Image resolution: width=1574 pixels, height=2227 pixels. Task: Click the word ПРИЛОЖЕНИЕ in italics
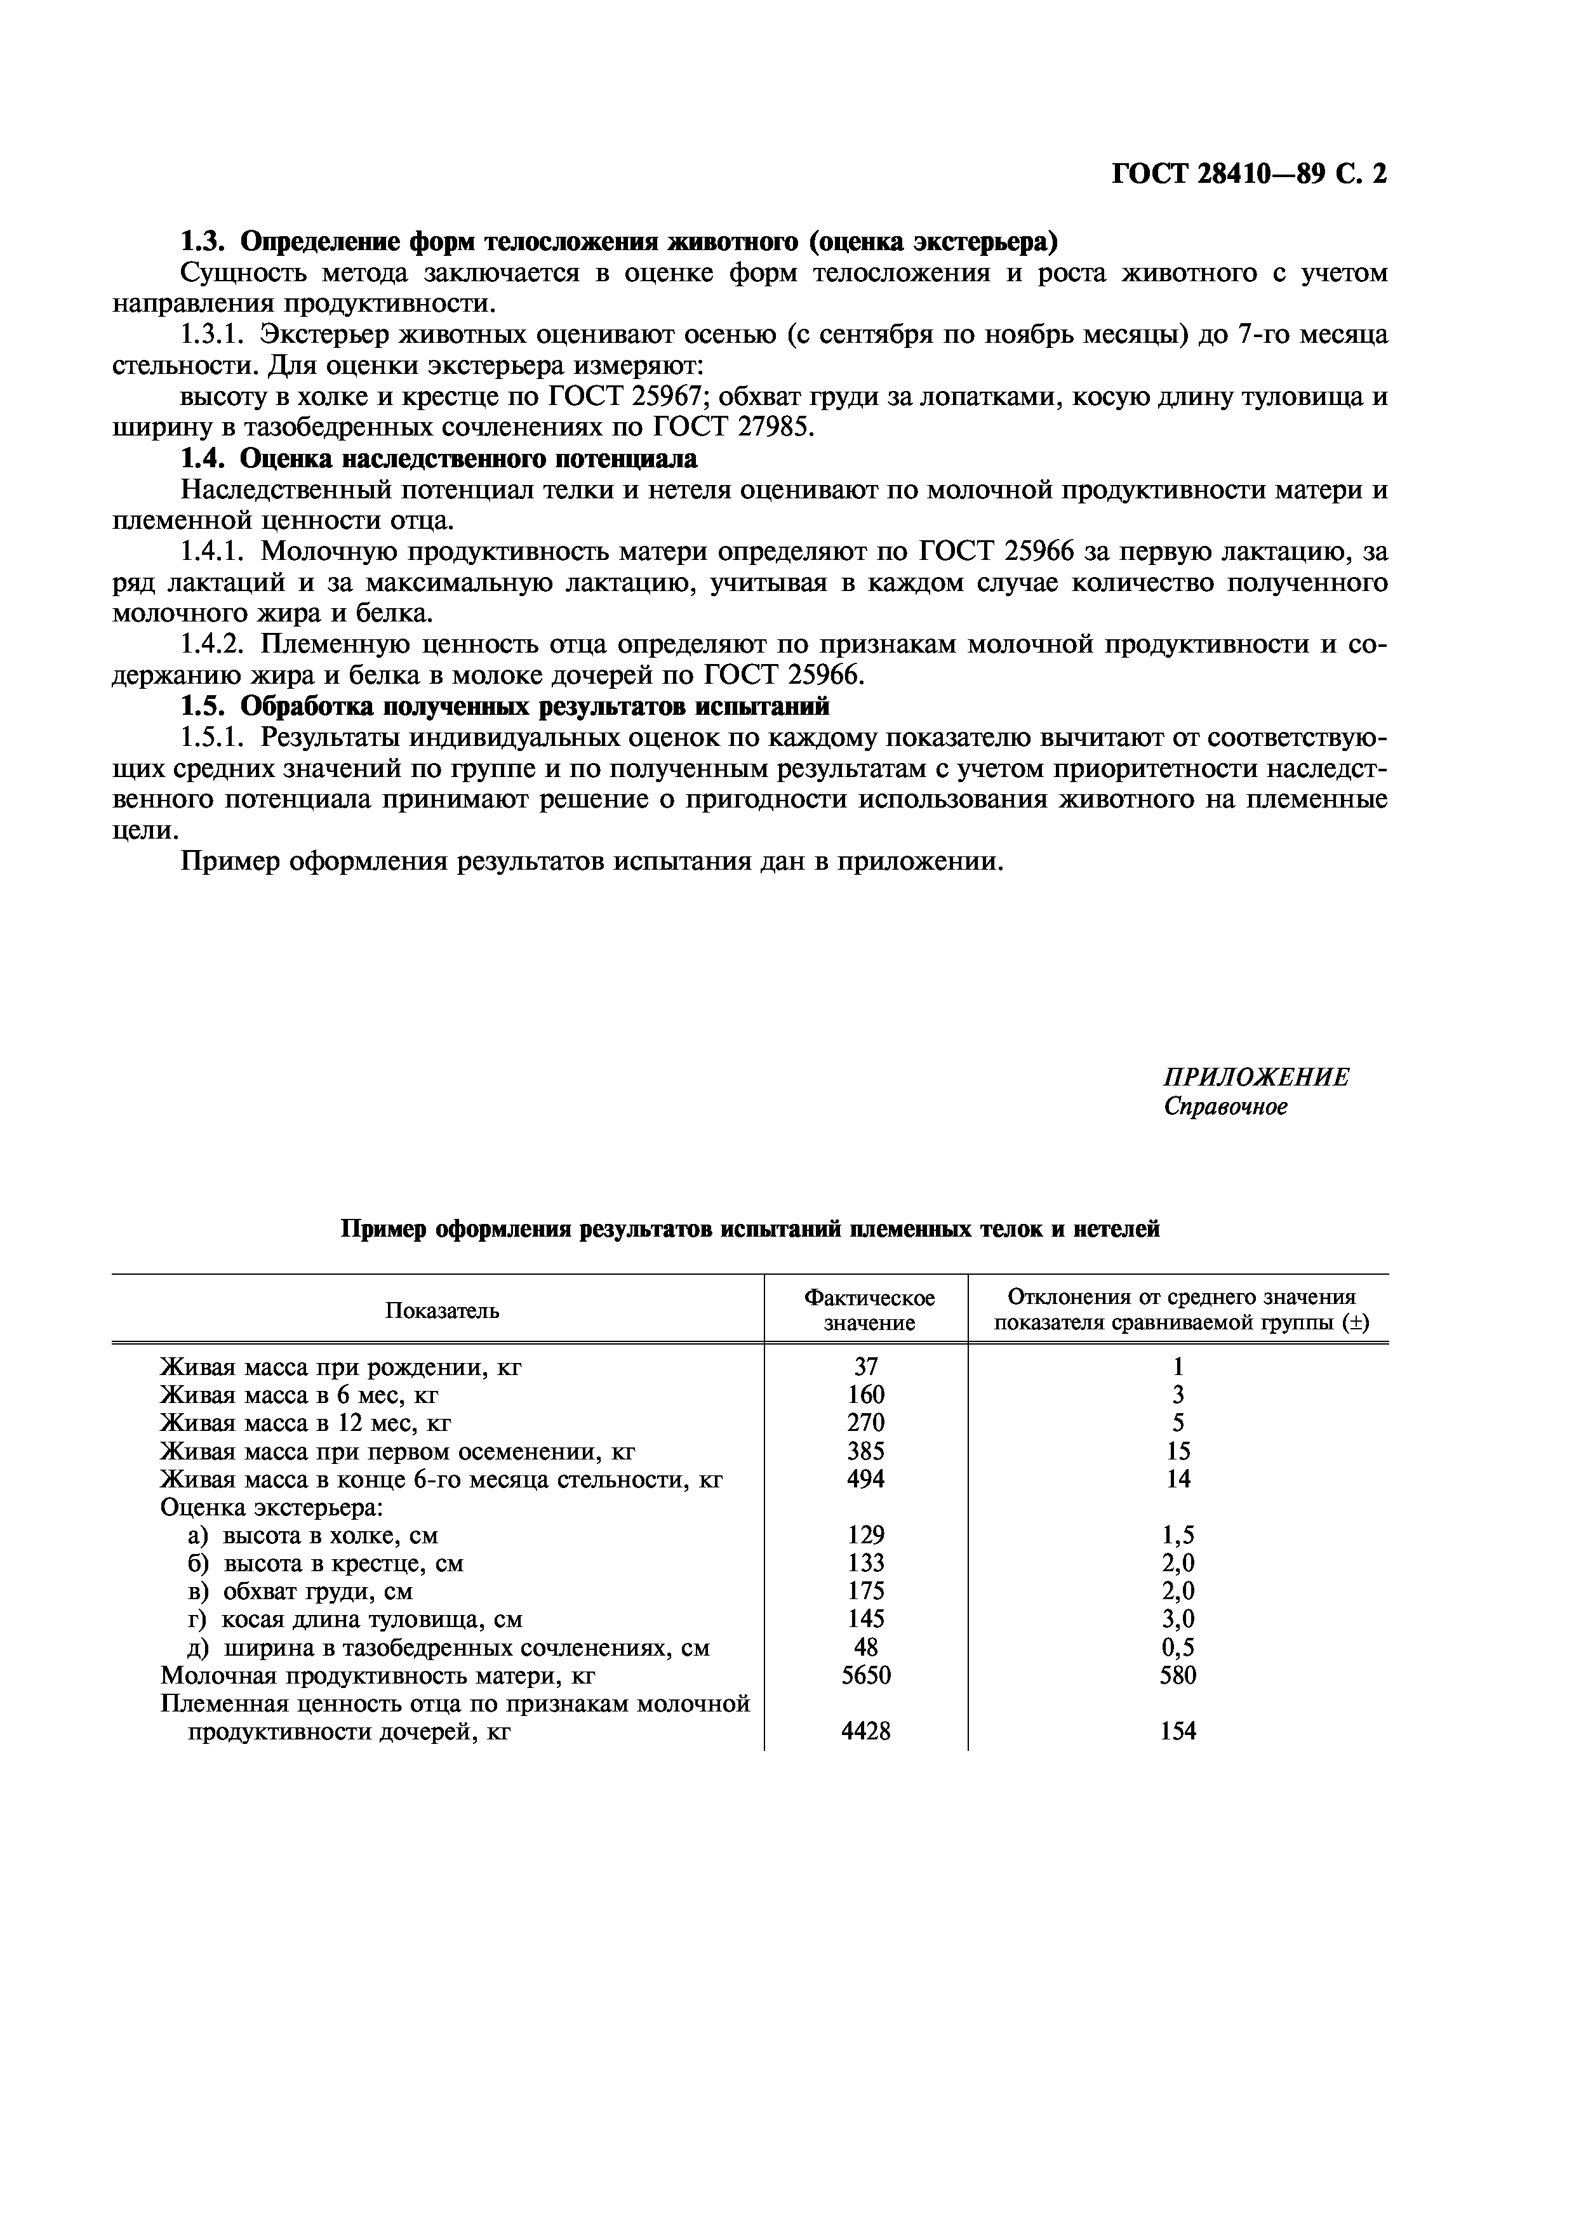pyautogui.click(x=1255, y=1077)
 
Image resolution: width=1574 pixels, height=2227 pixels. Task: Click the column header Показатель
pyautogui.click(x=443, y=1312)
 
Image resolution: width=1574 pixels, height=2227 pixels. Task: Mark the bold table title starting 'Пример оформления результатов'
pyautogui.click(x=750, y=1230)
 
